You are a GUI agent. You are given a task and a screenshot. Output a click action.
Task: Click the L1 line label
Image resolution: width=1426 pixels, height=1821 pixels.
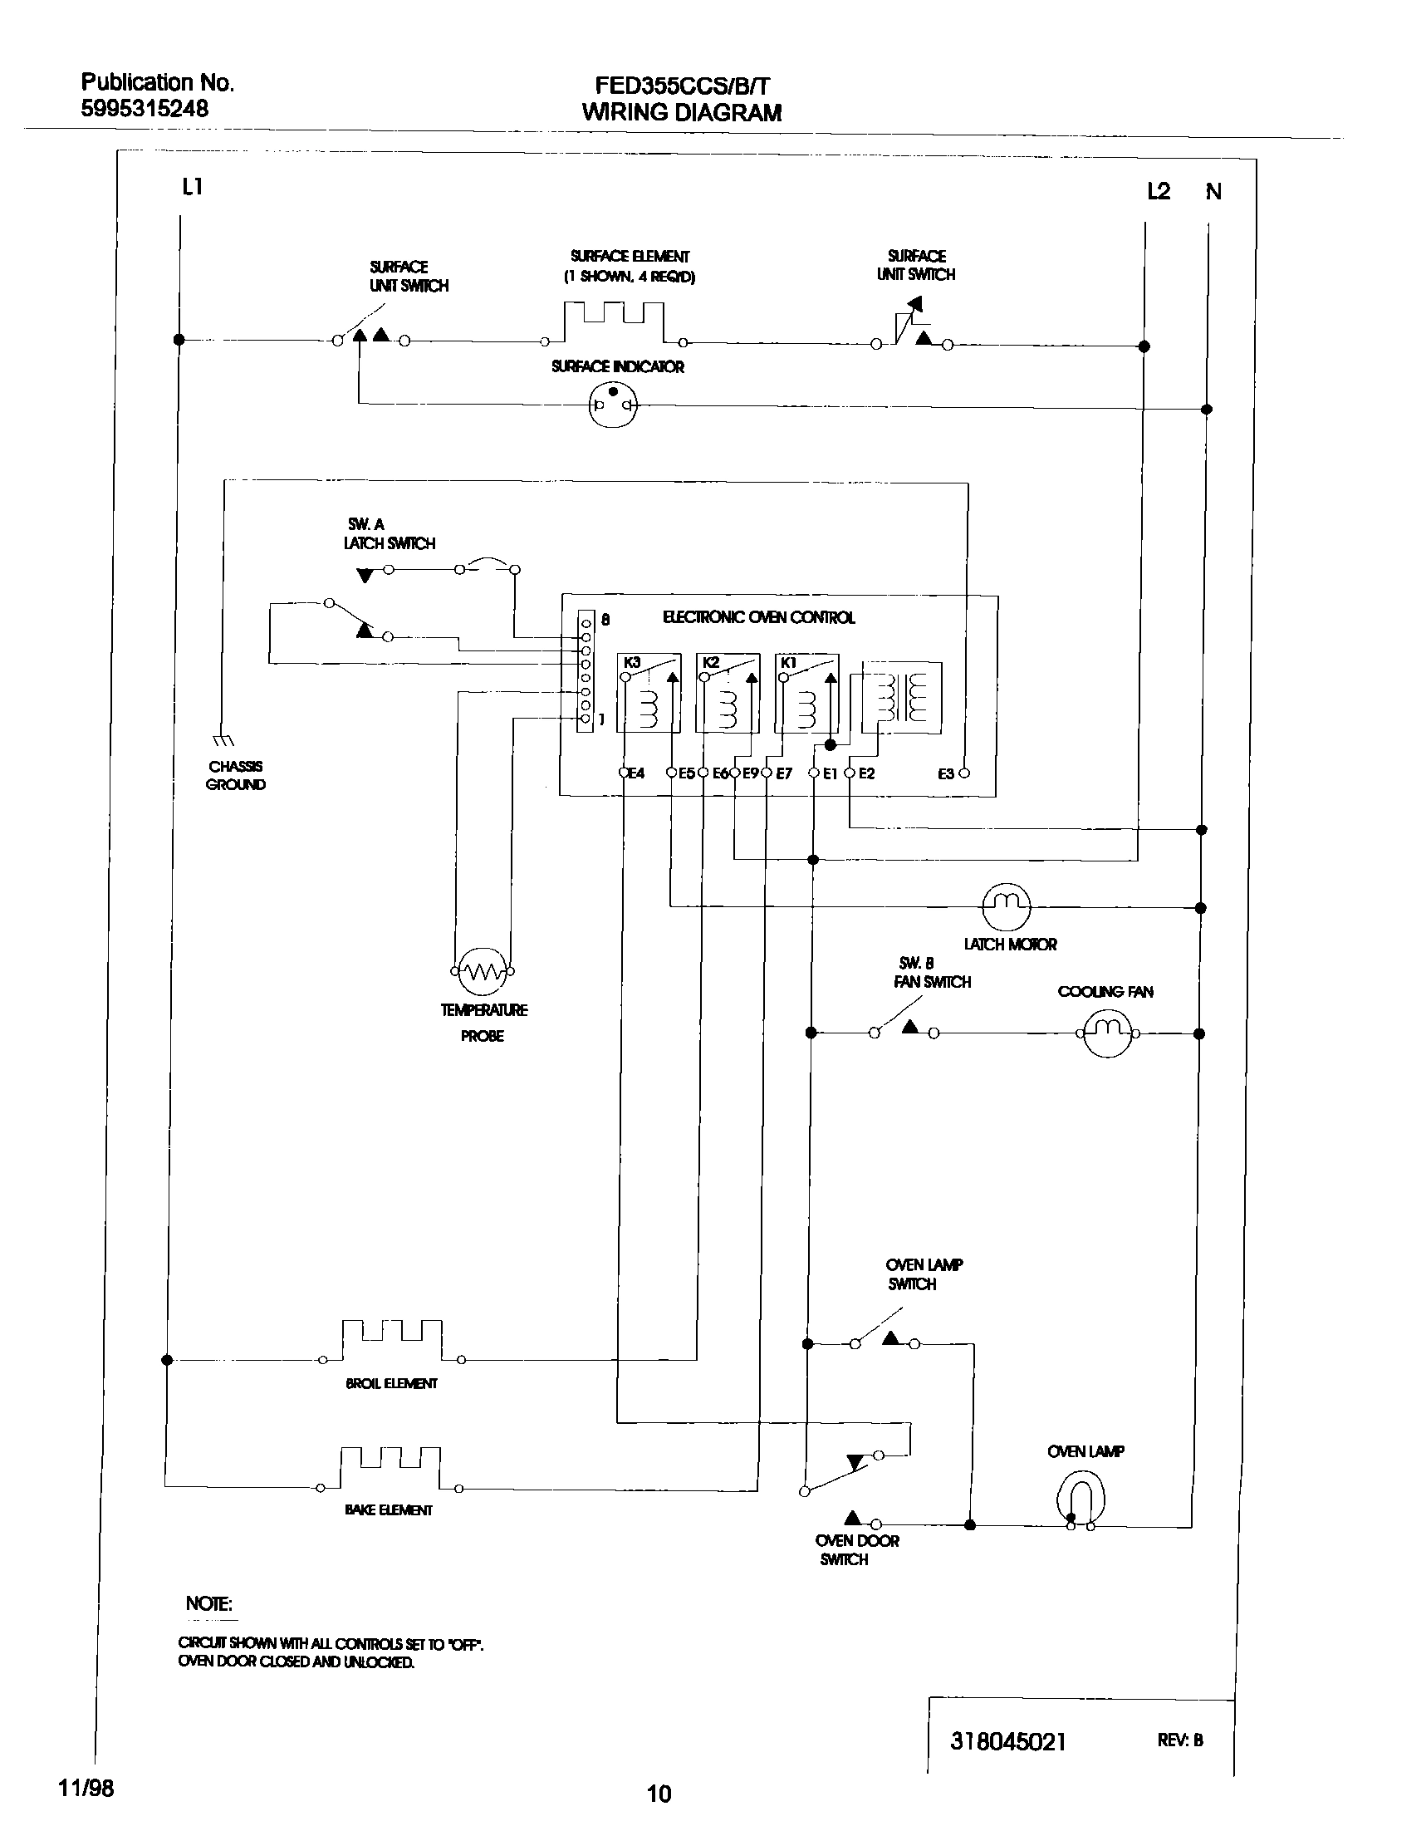pos(193,188)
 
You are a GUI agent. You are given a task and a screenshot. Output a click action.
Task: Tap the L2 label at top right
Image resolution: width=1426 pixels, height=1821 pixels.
pos(1159,192)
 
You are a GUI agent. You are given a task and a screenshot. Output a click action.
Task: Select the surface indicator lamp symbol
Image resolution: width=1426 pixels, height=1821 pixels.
pos(614,405)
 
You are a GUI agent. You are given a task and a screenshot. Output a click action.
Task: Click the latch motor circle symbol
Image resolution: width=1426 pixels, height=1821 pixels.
pos(1006,906)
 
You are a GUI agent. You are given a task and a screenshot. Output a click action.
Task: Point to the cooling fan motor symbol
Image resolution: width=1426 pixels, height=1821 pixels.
pos(1108,1033)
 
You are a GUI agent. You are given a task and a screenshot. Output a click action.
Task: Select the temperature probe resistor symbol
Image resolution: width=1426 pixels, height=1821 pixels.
pos(483,970)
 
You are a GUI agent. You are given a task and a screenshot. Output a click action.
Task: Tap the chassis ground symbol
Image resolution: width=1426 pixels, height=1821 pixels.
pos(223,739)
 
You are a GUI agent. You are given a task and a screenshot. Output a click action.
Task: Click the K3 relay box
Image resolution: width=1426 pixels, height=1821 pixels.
pos(649,693)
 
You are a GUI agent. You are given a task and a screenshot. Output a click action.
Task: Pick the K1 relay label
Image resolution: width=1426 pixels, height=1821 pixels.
pos(788,662)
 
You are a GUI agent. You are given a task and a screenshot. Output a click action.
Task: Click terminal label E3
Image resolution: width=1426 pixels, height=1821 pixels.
pos(946,774)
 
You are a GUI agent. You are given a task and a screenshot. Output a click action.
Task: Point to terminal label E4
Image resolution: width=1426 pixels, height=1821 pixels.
pos(636,774)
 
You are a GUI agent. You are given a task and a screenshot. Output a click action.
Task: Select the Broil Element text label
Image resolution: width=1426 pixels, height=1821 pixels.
pos(390,1383)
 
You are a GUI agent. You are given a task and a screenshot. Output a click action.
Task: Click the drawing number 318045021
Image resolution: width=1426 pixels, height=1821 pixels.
pos(1007,1741)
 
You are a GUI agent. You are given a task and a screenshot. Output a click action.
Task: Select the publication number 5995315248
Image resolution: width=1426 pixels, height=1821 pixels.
pos(145,109)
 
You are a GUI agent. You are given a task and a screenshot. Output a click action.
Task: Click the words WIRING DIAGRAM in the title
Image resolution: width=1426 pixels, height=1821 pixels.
pos(681,113)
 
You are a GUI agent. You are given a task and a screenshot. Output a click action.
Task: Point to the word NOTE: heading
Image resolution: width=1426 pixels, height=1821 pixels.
pos(208,1603)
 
